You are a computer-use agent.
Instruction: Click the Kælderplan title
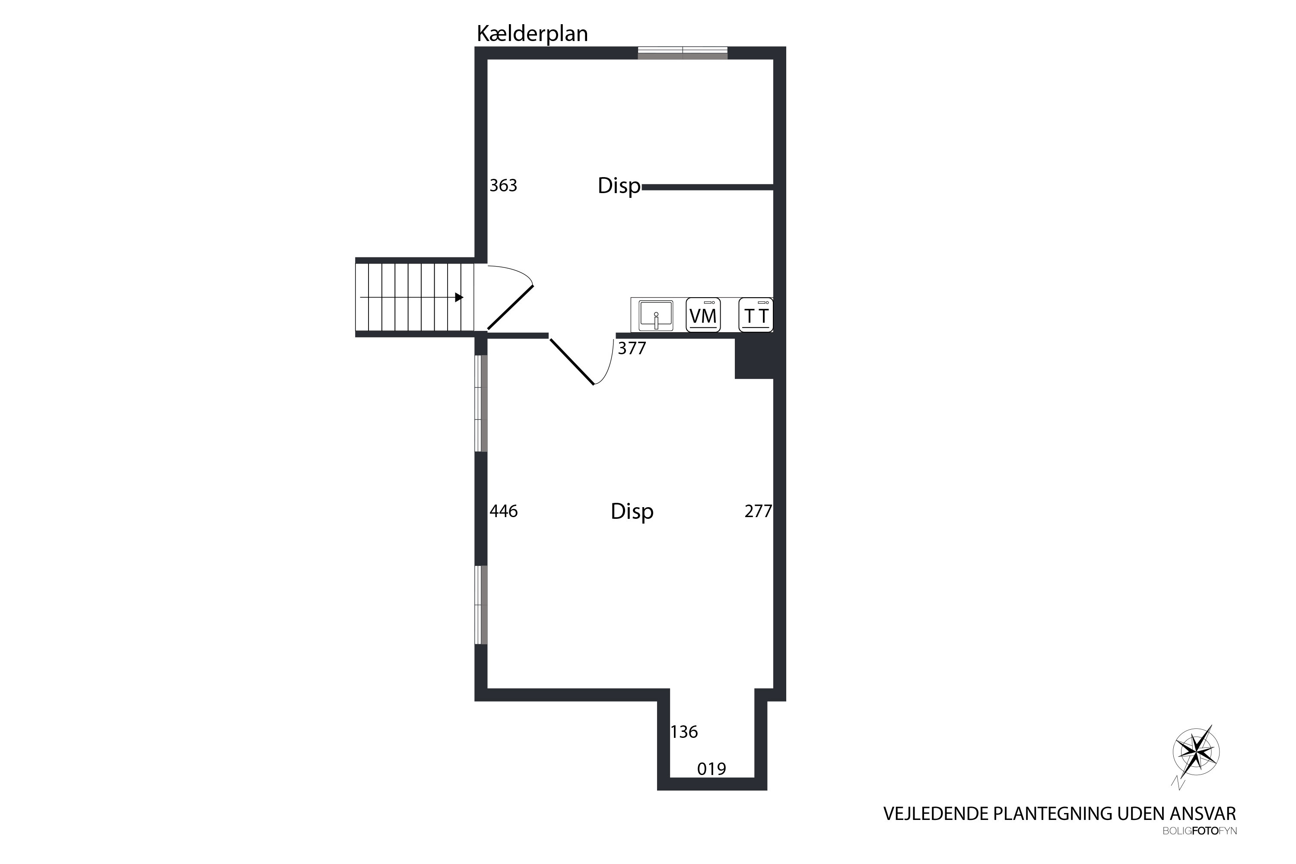point(532,34)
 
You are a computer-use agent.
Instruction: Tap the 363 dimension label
point(503,186)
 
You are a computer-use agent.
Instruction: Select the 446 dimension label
point(504,511)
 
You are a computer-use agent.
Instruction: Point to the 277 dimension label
point(758,511)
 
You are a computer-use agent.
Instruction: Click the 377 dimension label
point(632,348)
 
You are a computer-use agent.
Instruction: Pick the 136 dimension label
point(684,732)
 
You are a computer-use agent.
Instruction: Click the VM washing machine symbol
point(703,315)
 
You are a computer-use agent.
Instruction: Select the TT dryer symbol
point(756,315)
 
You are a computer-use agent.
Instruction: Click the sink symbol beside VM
point(656,316)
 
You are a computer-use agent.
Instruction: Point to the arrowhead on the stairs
point(459,298)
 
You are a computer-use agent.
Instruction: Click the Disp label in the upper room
point(619,186)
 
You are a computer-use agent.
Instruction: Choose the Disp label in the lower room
point(632,512)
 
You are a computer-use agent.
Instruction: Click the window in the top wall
point(683,53)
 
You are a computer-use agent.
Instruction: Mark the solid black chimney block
point(754,358)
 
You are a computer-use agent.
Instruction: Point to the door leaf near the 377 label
point(572,362)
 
